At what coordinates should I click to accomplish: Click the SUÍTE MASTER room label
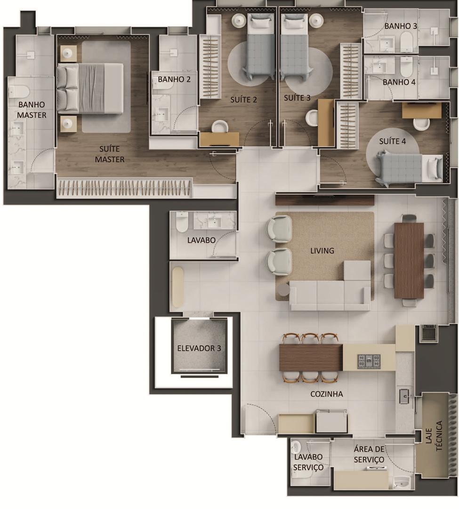(x=110, y=154)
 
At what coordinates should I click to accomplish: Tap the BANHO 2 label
(x=174, y=79)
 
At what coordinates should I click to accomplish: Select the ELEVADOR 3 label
(x=199, y=348)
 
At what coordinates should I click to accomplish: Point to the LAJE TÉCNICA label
(x=434, y=435)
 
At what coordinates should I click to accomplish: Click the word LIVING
(x=322, y=251)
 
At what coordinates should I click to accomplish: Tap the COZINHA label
(x=326, y=394)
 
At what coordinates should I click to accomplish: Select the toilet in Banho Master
(x=19, y=91)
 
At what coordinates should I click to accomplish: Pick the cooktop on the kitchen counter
(x=369, y=361)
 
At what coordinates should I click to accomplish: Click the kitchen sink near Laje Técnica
(x=404, y=396)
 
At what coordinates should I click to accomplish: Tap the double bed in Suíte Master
(x=90, y=88)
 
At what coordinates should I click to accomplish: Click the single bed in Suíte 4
(x=409, y=168)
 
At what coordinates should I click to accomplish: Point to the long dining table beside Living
(x=409, y=261)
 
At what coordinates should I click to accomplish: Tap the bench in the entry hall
(x=177, y=287)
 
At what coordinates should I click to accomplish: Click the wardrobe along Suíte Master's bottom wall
(x=125, y=188)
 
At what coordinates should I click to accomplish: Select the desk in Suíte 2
(x=219, y=139)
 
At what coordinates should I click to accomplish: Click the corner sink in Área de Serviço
(x=403, y=481)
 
